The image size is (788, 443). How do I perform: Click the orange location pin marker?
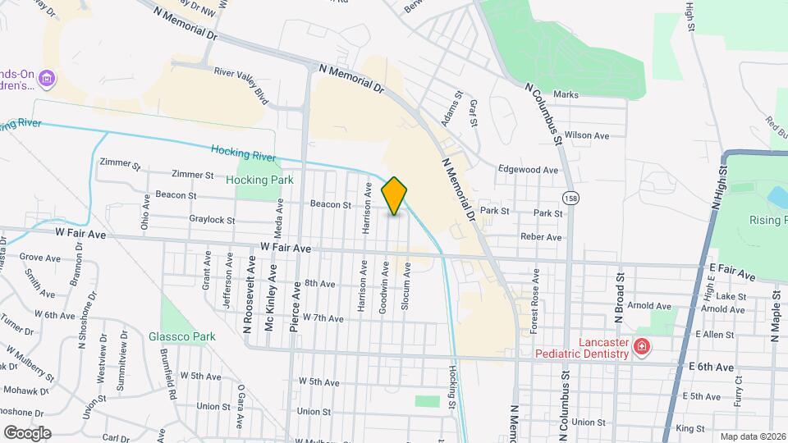395,196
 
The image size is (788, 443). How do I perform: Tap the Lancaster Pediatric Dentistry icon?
642,348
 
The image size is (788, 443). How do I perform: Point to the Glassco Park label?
181,336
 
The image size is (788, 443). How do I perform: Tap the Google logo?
27,432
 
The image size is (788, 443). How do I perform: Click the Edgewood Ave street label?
528,170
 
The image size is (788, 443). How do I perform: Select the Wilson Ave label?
587,135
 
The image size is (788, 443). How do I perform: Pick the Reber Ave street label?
541,237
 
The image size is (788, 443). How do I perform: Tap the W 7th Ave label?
323,317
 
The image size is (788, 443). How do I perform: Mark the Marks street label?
566,95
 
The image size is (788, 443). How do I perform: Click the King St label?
689,428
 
